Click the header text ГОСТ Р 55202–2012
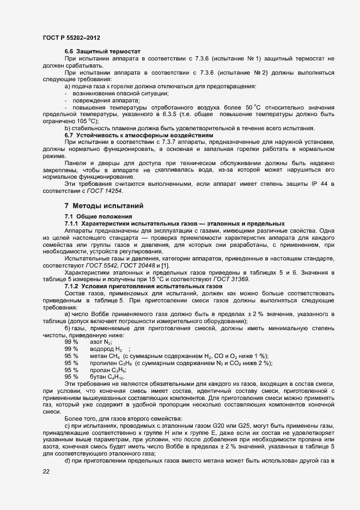coord(71,38)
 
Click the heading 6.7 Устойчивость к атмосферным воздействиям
coord(139,135)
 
